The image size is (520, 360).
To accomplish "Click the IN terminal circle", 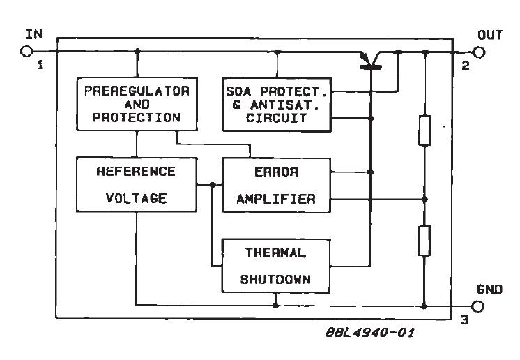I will (x=27, y=51).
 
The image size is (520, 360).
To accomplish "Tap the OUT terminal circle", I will (x=478, y=51).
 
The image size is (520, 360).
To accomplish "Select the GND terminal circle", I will (x=478, y=306).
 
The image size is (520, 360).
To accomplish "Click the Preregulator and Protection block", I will (x=137, y=104).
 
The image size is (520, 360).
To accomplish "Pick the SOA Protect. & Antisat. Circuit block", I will (x=277, y=104).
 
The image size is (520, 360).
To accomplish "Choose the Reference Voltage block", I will (x=137, y=184).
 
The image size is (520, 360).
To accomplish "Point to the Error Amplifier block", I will (x=277, y=184).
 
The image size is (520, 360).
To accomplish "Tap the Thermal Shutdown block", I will (x=277, y=264).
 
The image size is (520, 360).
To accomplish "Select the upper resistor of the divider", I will (x=425, y=130).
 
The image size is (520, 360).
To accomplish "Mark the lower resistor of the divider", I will (x=425, y=241).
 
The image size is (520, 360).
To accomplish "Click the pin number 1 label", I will (x=40, y=66).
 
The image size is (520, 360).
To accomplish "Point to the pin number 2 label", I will (x=465, y=66).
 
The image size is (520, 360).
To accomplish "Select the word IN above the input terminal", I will (x=33, y=33).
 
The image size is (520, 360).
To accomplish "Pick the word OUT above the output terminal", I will (x=490, y=33).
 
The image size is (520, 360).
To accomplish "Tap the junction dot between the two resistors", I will (x=425, y=198).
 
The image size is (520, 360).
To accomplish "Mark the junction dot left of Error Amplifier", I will (x=211, y=184).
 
